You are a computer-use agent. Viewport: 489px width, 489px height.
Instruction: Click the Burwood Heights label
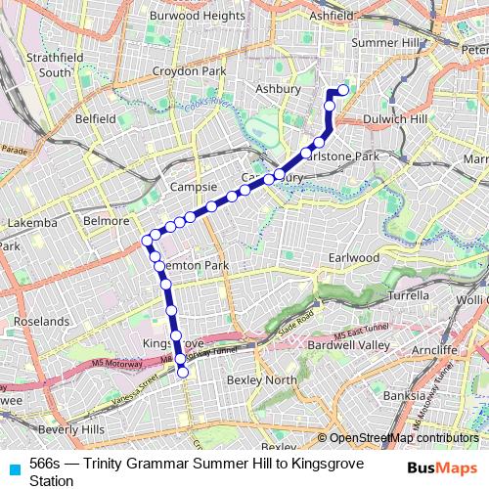(197, 16)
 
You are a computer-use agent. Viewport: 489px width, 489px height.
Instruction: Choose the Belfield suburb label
(95, 118)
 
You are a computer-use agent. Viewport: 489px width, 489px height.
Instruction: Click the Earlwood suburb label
(354, 257)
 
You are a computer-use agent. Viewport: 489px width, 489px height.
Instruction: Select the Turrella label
(410, 293)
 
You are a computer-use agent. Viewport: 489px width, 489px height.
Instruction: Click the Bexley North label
(261, 378)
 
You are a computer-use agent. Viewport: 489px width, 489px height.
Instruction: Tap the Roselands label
(40, 321)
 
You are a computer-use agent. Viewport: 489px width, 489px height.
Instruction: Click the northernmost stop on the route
(343, 91)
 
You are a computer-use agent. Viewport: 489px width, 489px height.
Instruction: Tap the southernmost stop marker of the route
(182, 373)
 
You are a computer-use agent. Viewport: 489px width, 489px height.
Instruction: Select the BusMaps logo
(442, 467)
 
